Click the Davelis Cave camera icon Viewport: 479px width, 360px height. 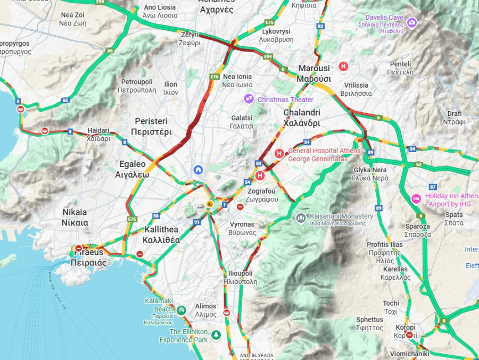click(412, 22)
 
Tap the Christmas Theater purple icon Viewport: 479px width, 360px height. click(249, 99)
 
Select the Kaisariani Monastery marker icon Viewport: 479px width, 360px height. click(301, 218)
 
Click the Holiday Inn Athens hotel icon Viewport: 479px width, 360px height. click(416, 199)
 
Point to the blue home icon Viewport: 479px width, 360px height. click(199, 170)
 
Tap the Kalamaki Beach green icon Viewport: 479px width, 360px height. click(181, 310)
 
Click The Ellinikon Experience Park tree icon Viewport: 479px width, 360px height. click(216, 335)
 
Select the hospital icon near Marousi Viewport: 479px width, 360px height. click(344, 66)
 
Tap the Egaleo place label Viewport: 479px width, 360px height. click(132, 169)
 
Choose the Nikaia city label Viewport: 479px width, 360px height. click(75, 217)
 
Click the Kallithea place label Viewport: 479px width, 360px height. click(162, 235)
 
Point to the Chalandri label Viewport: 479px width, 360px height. click(302, 118)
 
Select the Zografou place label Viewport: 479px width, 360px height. click(261, 195)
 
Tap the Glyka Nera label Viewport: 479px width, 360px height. click(370, 174)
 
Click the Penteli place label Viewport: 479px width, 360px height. click(400, 68)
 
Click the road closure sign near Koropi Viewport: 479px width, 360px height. click(409, 335)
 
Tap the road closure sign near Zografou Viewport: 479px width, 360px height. click(241, 207)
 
